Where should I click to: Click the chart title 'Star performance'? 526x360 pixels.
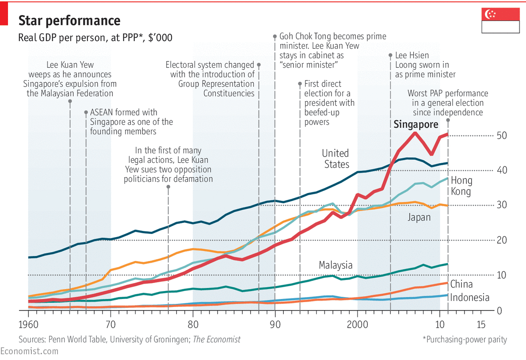69,20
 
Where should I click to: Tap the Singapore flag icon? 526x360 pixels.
500,20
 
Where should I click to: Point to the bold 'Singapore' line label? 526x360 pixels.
416,125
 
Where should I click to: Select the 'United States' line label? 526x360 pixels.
336,159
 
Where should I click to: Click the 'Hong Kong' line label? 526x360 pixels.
461,186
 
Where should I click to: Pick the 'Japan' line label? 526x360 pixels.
419,217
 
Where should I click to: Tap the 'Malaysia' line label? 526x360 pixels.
336,265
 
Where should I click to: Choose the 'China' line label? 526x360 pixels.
461,284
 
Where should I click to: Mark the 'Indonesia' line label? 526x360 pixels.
469,297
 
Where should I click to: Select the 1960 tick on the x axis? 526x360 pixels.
28,325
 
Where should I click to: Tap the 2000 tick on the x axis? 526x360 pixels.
357,325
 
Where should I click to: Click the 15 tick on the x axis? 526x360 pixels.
481,325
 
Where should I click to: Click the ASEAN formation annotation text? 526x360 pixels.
131,122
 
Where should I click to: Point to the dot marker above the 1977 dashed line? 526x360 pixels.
168,187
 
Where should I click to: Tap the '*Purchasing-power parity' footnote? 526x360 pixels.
465,340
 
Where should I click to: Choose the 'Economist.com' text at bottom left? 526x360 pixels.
29,351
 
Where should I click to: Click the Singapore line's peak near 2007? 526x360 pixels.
415,133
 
